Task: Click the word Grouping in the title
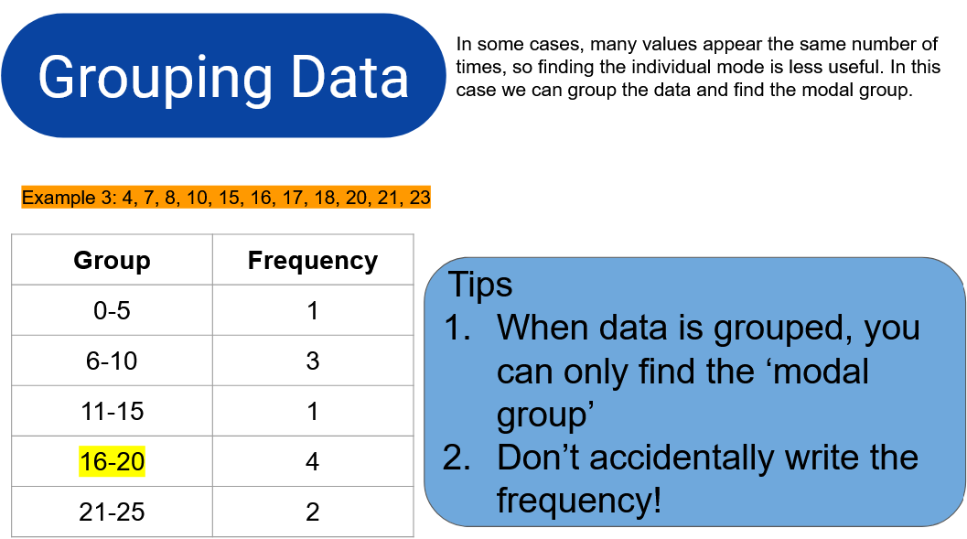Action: click(155, 79)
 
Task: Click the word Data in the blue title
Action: click(349, 77)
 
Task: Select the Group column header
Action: click(112, 261)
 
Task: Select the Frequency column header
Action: click(313, 261)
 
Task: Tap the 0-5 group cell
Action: click(112, 310)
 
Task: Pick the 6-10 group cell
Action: click(112, 361)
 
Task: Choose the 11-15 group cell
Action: click(113, 412)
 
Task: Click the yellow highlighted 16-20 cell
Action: click(113, 461)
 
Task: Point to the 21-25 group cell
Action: click(112, 512)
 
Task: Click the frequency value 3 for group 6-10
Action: click(313, 361)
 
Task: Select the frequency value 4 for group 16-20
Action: click(313, 461)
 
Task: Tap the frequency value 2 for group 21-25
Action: click(313, 512)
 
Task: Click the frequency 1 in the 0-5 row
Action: click(313, 310)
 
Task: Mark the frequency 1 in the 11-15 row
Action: click(313, 412)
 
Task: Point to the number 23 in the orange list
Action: click(420, 198)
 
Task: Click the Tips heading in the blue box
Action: click(480, 285)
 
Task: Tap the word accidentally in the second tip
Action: click(681, 458)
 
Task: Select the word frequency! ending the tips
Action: click(579, 501)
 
